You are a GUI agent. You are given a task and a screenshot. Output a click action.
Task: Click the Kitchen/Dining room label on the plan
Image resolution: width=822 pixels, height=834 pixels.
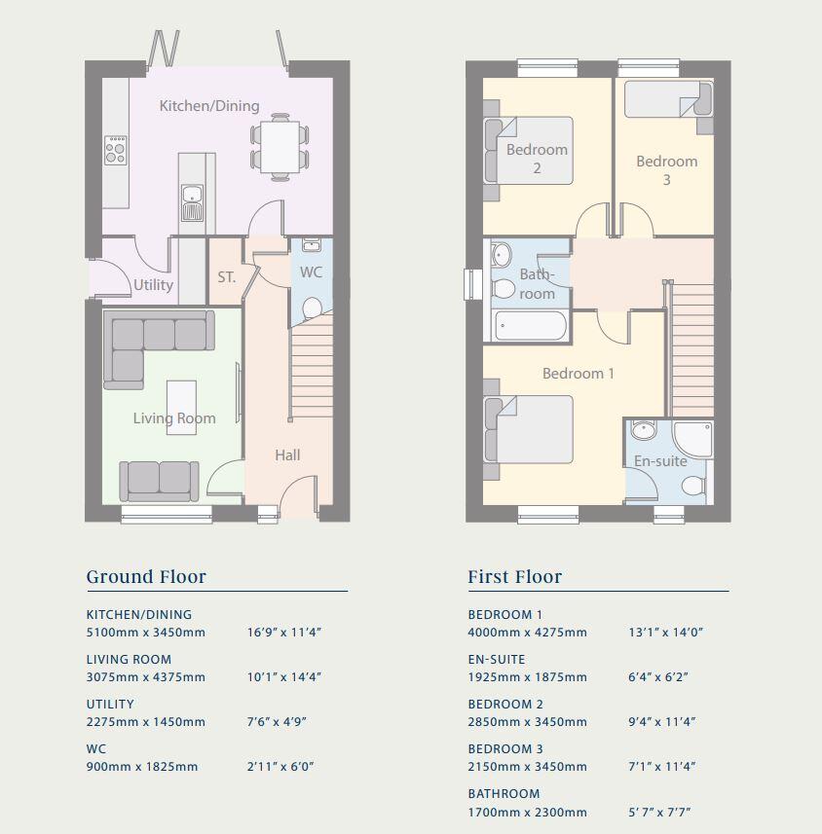(x=209, y=105)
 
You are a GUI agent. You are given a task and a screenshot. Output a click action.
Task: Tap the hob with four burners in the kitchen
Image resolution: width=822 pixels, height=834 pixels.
(x=116, y=149)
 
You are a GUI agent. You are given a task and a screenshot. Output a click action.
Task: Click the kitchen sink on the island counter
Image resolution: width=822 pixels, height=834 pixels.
(x=191, y=202)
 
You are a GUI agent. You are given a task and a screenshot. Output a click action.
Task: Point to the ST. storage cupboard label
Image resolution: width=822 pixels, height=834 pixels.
(x=226, y=277)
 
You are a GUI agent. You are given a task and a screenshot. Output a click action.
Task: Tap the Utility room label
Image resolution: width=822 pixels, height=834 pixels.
(x=153, y=284)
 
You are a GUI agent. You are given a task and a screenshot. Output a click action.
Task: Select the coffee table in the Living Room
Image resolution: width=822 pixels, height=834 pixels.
(x=181, y=406)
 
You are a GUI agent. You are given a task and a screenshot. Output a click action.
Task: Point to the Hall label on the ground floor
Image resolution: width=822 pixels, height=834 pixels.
(x=287, y=454)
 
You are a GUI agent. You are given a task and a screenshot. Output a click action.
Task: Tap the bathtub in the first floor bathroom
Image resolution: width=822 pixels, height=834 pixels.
(x=530, y=325)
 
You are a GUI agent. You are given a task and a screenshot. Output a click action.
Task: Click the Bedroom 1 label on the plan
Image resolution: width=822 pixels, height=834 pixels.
(x=578, y=374)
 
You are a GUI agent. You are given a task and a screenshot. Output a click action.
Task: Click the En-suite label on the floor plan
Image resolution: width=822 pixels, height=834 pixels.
(x=660, y=460)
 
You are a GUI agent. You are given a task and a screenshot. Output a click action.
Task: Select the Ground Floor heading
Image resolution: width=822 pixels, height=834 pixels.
(x=146, y=577)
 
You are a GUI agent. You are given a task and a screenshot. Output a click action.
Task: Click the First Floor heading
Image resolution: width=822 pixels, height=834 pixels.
(x=514, y=577)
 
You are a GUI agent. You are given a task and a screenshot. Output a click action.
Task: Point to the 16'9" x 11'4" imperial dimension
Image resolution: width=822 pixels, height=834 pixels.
(x=284, y=633)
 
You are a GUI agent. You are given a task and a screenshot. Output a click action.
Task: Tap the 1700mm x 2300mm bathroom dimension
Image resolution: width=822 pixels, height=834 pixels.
(x=527, y=812)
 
